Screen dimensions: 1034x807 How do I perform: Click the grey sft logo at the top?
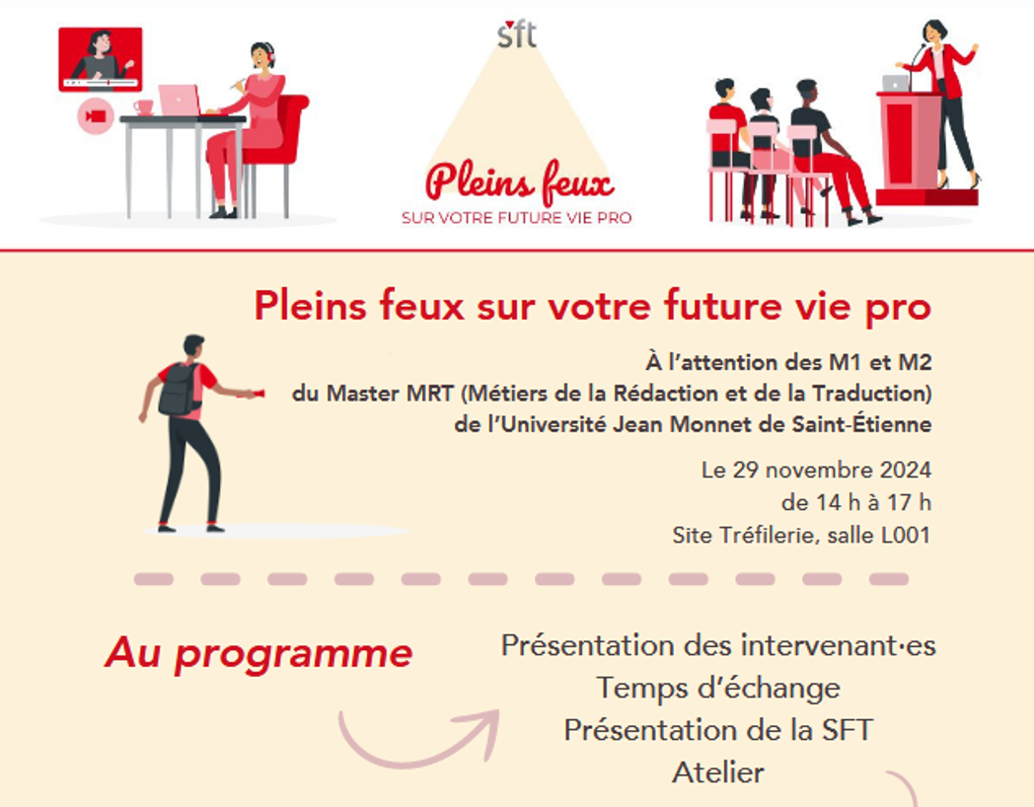(x=517, y=35)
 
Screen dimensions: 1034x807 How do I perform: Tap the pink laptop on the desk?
(x=180, y=101)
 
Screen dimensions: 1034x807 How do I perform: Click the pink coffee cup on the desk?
(x=144, y=108)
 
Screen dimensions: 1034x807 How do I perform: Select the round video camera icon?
(x=96, y=116)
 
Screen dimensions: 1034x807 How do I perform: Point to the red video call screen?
(x=101, y=59)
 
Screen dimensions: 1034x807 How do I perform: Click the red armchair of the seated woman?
(x=277, y=142)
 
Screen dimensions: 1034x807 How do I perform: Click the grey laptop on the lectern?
(x=896, y=83)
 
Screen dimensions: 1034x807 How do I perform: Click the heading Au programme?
(x=258, y=654)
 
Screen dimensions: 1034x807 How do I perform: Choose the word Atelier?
(x=718, y=772)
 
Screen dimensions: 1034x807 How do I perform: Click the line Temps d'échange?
(x=718, y=689)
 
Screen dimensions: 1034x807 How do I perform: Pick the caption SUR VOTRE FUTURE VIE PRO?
(x=517, y=218)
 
